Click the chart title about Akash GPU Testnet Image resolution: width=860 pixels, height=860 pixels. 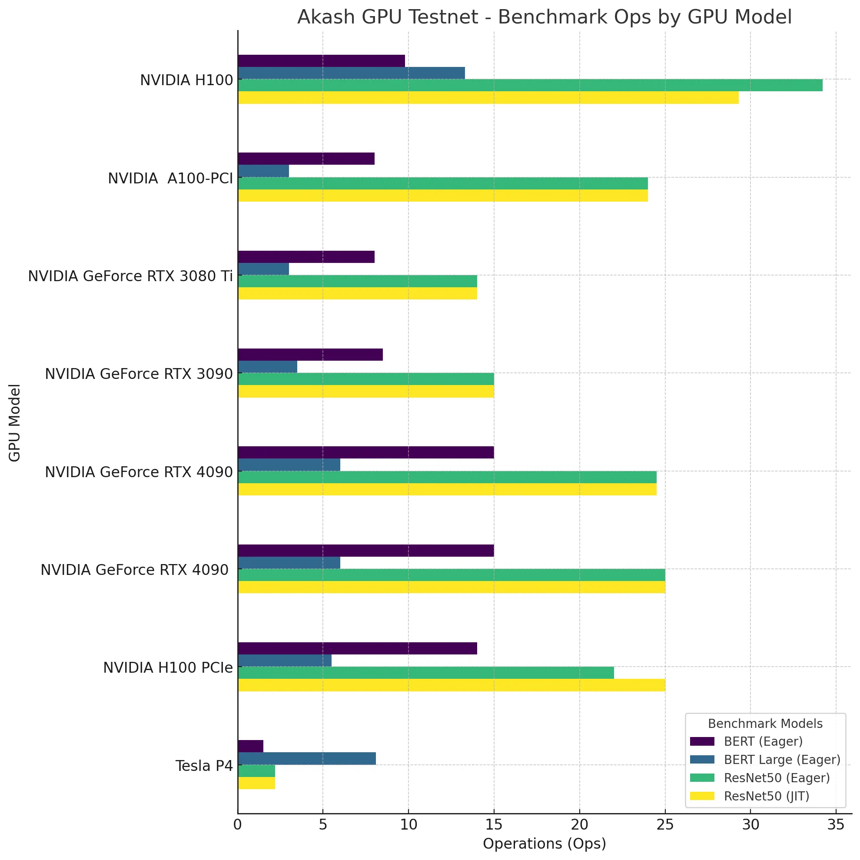pos(544,18)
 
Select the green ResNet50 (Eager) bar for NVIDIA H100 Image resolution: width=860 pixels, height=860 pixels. pos(530,85)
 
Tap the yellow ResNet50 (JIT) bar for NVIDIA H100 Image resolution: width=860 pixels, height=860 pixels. pos(488,97)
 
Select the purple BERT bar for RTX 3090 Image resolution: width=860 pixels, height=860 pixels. pos(310,355)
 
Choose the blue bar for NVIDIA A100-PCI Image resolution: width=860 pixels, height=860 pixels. pos(263,171)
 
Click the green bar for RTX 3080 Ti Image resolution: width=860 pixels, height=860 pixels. pos(358,281)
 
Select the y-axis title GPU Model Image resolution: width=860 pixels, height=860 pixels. pos(15,422)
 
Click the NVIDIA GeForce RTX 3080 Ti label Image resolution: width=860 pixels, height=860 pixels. pos(130,276)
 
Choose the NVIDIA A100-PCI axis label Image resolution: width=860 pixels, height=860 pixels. pos(170,179)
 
